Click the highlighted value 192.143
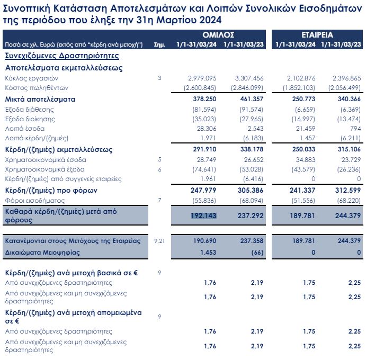point(204,215)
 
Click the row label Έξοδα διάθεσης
point(25,110)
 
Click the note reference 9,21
point(159,241)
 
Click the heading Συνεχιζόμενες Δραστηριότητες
point(61,56)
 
